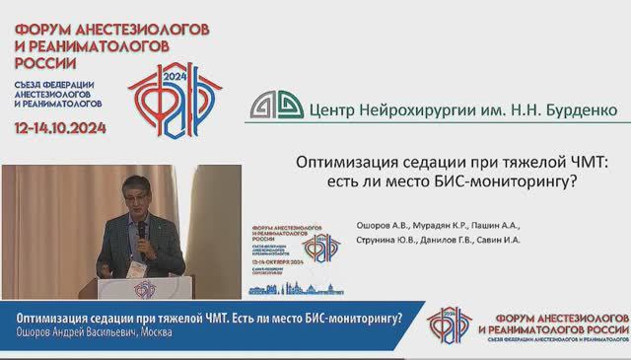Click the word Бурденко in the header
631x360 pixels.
[576, 106]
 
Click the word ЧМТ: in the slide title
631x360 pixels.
[588, 163]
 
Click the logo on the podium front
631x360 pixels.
[145, 288]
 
